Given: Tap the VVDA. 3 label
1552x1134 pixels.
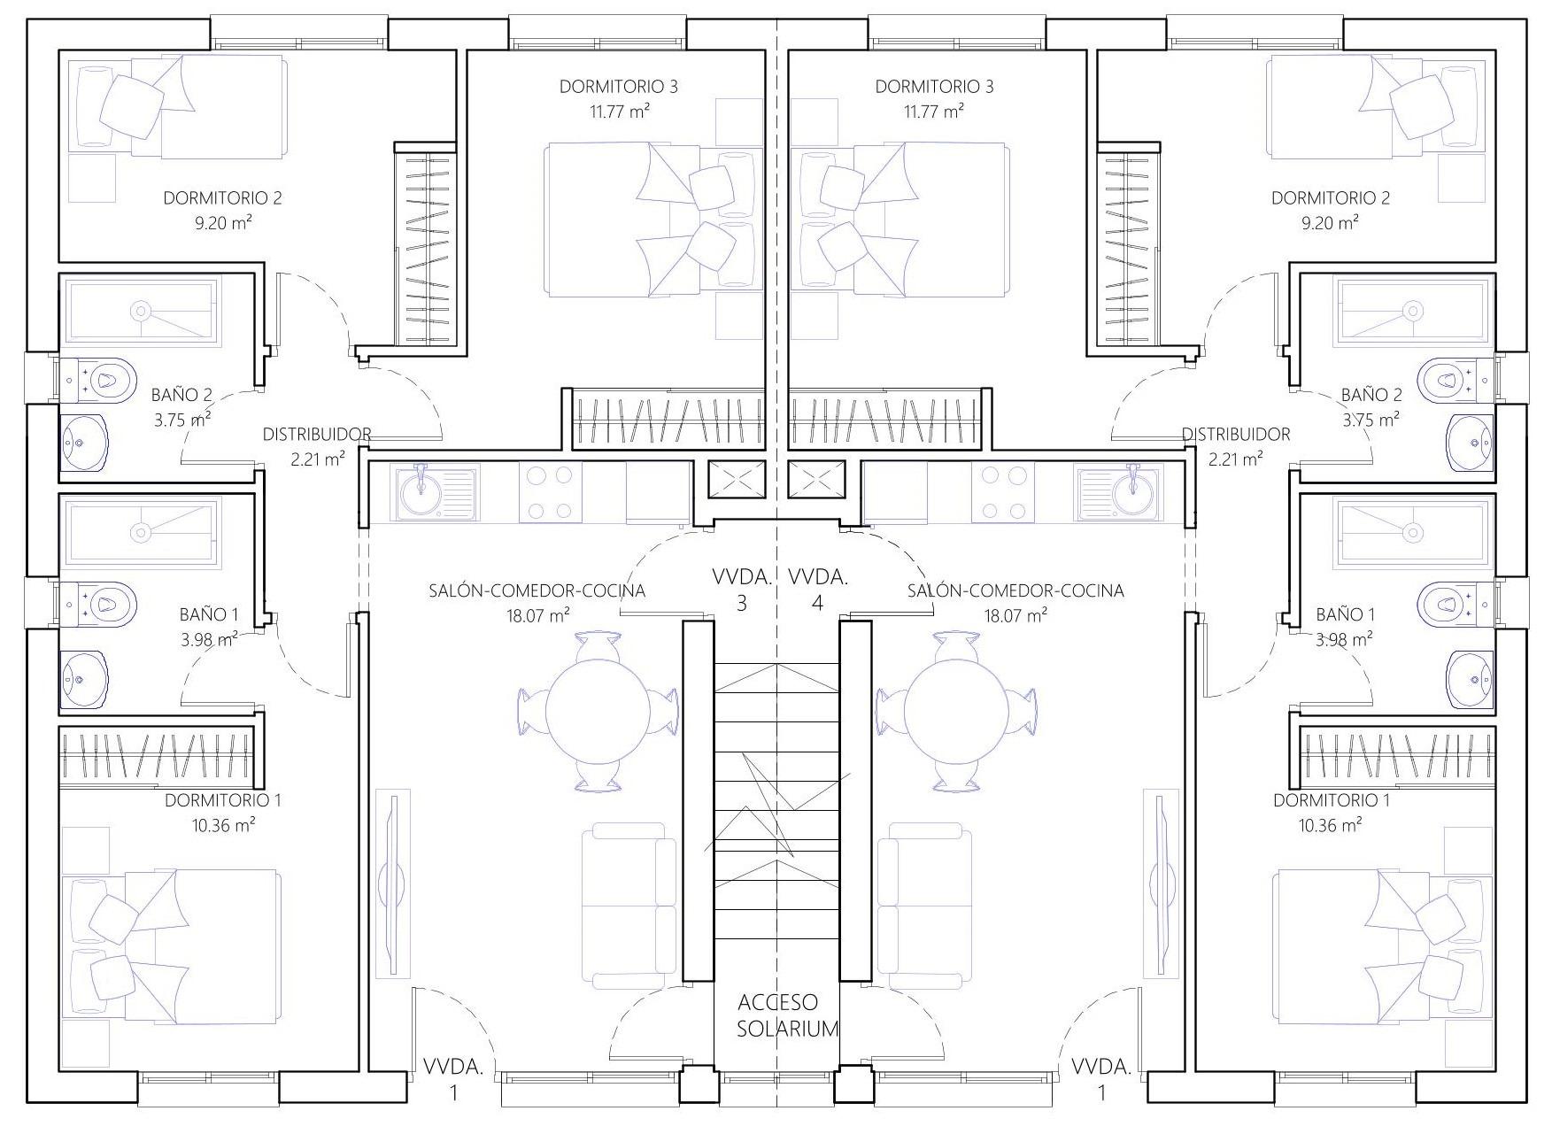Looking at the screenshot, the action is pyautogui.click(x=742, y=590).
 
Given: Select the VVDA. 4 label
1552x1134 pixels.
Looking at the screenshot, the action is pyautogui.click(x=817, y=590).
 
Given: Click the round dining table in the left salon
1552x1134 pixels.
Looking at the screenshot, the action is pyautogui.click(x=598, y=709).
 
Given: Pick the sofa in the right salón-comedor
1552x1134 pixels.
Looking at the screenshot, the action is pyautogui.click(x=923, y=906).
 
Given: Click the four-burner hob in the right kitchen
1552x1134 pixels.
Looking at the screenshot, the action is pyautogui.click(x=1001, y=492).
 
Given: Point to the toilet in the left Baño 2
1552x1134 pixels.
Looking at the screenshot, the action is pyautogui.click(x=98, y=381).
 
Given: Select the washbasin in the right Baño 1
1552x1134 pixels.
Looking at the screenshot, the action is pyautogui.click(x=1470, y=680).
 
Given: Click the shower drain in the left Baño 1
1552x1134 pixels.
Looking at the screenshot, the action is pyautogui.click(x=141, y=531).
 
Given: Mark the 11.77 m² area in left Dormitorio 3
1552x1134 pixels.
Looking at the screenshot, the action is pyautogui.click(x=619, y=111).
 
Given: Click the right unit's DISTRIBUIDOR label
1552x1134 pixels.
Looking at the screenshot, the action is pyautogui.click(x=1236, y=435).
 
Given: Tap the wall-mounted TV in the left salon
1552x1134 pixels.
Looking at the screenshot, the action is pyautogui.click(x=390, y=883).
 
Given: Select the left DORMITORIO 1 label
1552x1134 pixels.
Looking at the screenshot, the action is pyautogui.click(x=223, y=800).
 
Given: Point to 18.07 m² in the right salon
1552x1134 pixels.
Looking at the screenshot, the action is pyautogui.click(x=1015, y=615).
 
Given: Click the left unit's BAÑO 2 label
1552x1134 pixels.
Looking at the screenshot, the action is pyautogui.click(x=182, y=395).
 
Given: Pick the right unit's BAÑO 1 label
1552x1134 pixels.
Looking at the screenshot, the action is pyautogui.click(x=1346, y=614).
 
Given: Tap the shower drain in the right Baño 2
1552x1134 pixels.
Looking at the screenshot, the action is pyautogui.click(x=1413, y=311).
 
